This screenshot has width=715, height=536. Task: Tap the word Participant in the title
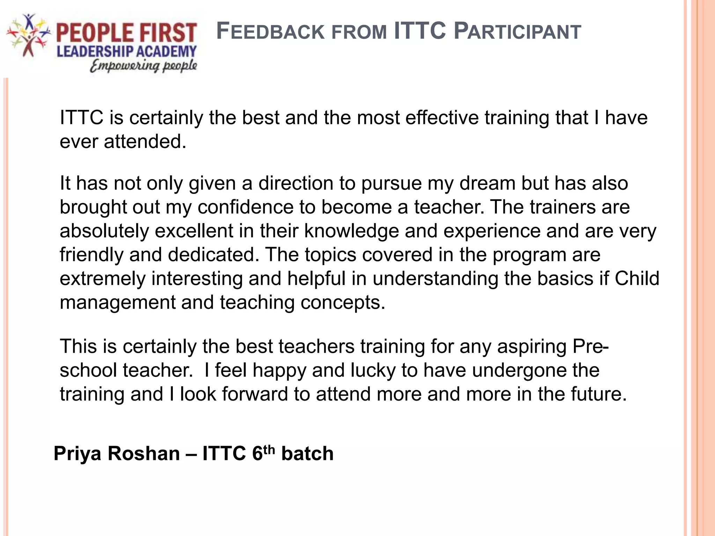coord(517,31)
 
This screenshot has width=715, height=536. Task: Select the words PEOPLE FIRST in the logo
coord(126,33)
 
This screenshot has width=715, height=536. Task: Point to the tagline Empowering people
coord(143,66)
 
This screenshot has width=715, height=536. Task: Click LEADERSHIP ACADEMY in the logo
coord(126,52)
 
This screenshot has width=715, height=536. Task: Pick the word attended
coord(145,141)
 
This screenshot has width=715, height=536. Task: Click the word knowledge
coord(352,231)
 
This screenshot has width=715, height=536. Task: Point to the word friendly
coord(91,255)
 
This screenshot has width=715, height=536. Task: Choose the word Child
coord(637,278)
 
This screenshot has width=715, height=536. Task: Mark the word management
coord(117,303)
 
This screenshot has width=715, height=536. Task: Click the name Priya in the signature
coord(78,454)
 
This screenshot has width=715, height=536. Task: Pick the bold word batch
coord(307,454)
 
